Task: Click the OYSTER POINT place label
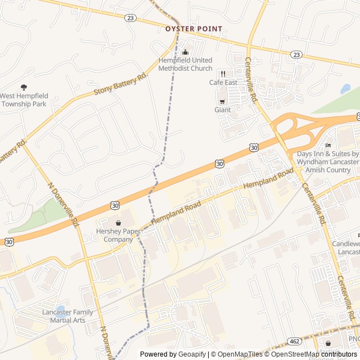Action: tap(193, 29)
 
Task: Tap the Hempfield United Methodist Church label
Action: tap(185, 64)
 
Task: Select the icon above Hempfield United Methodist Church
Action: tap(185, 52)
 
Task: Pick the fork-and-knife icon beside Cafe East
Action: tap(223, 74)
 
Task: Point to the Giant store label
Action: tap(222, 110)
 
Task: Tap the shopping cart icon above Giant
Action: tap(222, 101)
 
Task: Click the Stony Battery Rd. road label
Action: tap(119, 82)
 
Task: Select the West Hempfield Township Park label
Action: tap(23, 100)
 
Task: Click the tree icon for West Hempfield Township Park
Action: tap(23, 87)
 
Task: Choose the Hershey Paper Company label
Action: tap(118, 235)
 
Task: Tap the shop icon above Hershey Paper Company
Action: tap(118, 223)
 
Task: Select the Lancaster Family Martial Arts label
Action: tap(67, 316)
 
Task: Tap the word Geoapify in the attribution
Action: tap(192, 354)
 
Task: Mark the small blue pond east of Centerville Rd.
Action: tap(345, 89)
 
